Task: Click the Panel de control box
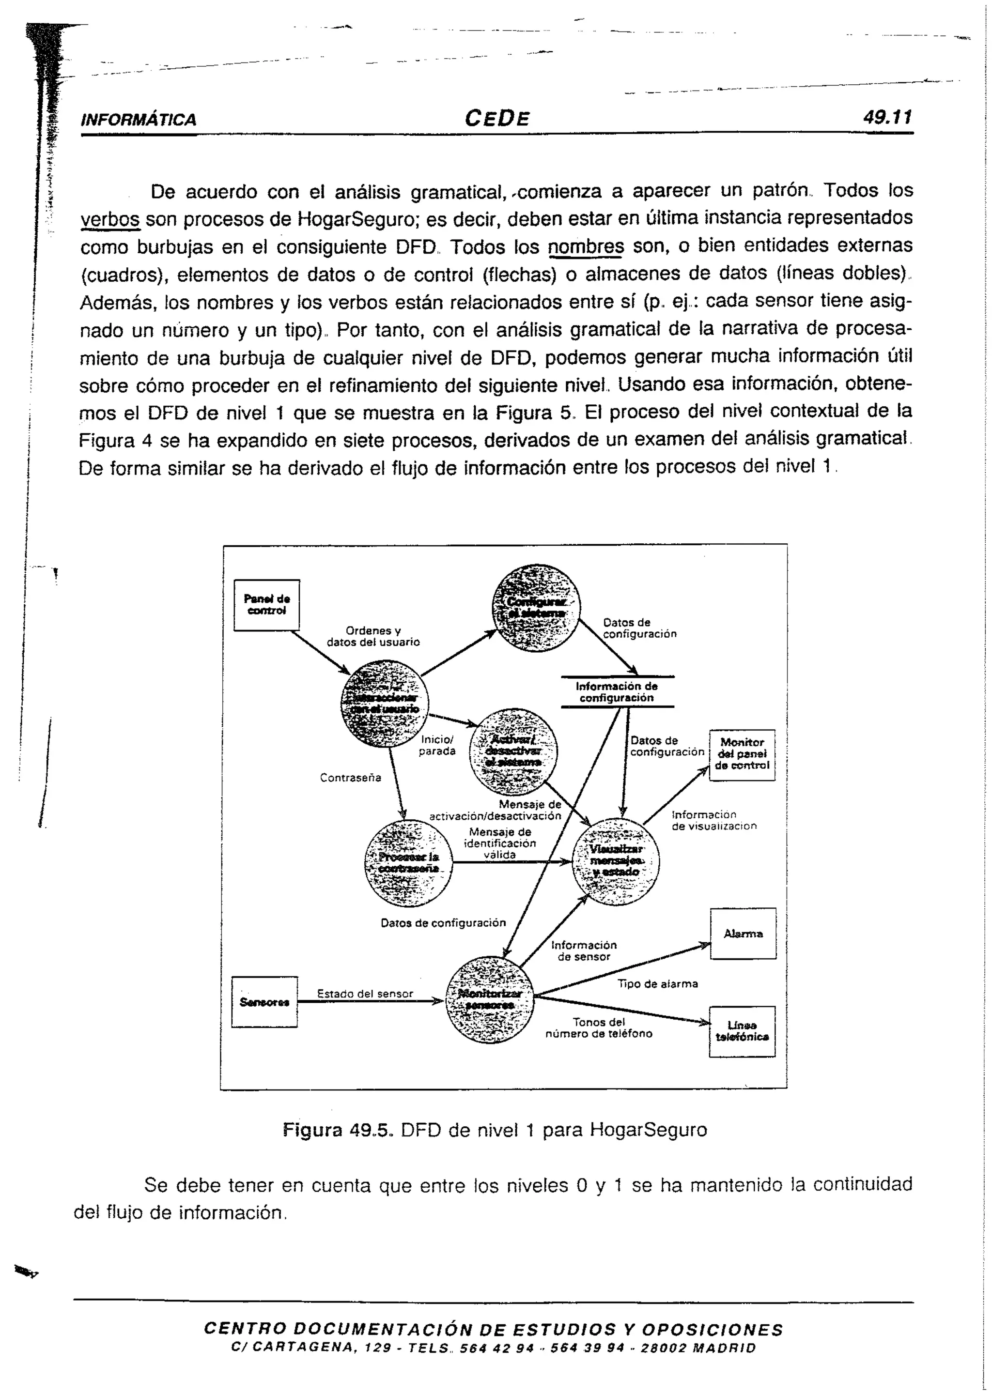[267, 604]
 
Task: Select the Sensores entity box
[264, 1002]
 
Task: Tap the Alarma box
[743, 934]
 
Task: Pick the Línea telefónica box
[742, 1032]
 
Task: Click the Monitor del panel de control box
[742, 755]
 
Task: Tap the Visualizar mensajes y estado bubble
[616, 861]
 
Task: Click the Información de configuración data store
[617, 692]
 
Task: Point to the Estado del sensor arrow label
[365, 994]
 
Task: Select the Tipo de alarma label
[657, 984]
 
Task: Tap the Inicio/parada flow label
[437, 745]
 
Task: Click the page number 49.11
[887, 117]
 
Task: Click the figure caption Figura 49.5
[494, 1130]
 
